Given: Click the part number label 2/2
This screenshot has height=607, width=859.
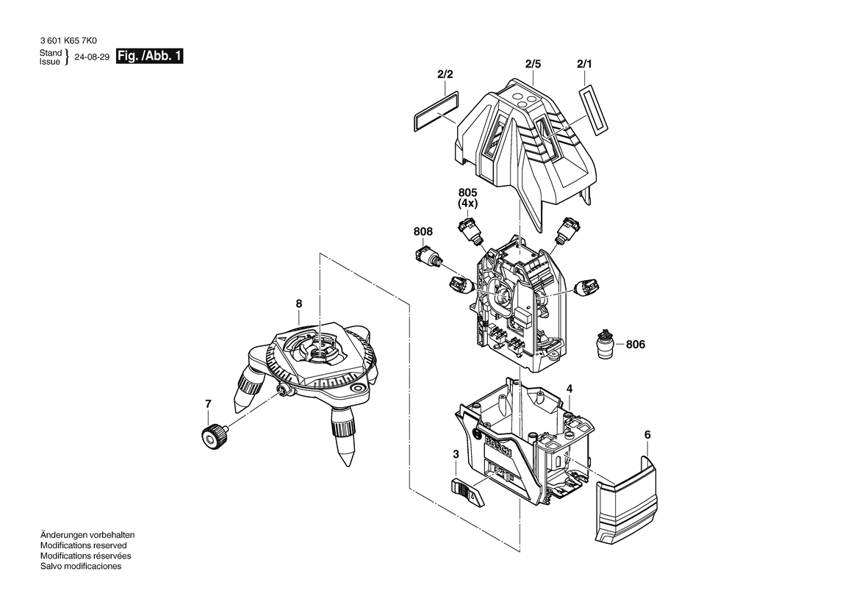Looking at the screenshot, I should pos(445,74).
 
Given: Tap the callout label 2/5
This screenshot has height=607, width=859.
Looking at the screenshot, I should pos(533,65).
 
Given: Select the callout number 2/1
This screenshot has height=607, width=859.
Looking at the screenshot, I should pos(584,65).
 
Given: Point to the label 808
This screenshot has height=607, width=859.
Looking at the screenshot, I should pos(423,231).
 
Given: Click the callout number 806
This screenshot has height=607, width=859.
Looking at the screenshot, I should pos(636,344).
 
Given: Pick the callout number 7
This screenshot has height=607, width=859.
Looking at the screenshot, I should pos(208,403).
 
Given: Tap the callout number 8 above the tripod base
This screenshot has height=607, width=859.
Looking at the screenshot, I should pos(298,303).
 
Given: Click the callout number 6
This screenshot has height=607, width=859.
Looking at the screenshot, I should pos(647,435).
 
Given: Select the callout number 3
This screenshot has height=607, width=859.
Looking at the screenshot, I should pos(456,455).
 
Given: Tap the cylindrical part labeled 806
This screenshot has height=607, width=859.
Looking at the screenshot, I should pos(605,344).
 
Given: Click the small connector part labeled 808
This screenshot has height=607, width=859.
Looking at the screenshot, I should pos(427,257).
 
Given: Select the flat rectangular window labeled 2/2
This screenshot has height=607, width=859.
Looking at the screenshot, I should pos(434,110).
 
